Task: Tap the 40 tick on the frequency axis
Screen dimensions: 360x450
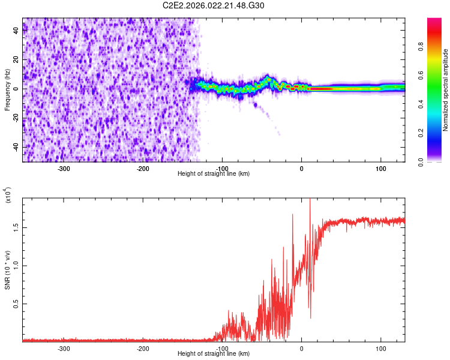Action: click(17, 31)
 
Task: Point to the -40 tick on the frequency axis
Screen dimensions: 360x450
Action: click(17, 147)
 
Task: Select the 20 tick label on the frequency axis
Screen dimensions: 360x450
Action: click(17, 60)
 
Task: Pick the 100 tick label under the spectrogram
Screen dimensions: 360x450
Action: click(380, 168)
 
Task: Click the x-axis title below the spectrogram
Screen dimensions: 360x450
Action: click(214, 173)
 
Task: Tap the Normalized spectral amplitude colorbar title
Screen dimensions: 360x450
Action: click(445, 90)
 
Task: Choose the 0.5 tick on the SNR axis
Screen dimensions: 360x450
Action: click(17, 304)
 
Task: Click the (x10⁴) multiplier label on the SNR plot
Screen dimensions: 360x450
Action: click(8, 195)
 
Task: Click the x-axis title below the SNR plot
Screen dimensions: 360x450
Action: click(214, 354)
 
